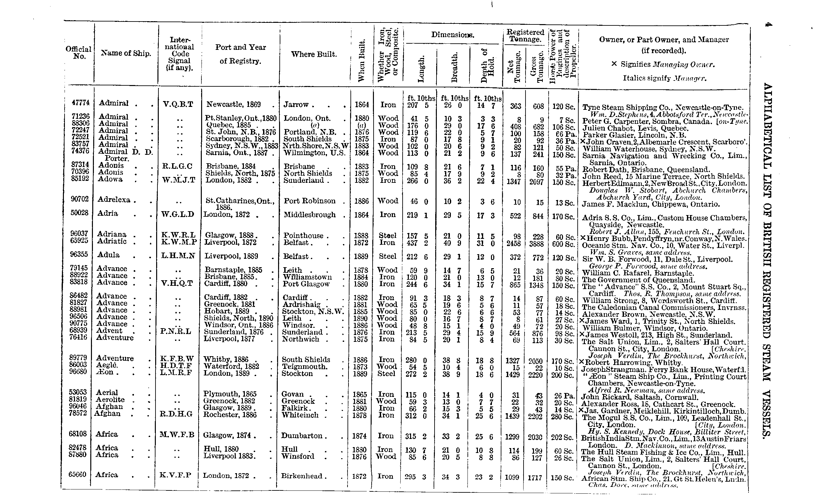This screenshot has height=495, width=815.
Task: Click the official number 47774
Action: point(81,103)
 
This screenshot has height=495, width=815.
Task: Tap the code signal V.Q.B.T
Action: point(178,105)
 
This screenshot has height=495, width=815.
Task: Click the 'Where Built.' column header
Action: point(314,54)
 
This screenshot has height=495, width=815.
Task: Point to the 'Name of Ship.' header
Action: point(126,53)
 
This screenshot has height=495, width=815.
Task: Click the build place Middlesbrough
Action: point(310,215)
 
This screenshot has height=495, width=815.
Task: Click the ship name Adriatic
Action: point(112,241)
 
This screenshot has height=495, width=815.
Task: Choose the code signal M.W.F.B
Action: point(177,434)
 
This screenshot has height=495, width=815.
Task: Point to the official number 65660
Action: point(77,474)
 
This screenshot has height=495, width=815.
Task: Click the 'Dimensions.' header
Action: point(452,35)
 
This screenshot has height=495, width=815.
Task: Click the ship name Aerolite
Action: point(110,400)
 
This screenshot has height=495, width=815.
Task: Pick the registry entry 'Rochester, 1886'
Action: point(230,415)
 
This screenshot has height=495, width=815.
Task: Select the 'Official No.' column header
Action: point(78,53)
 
